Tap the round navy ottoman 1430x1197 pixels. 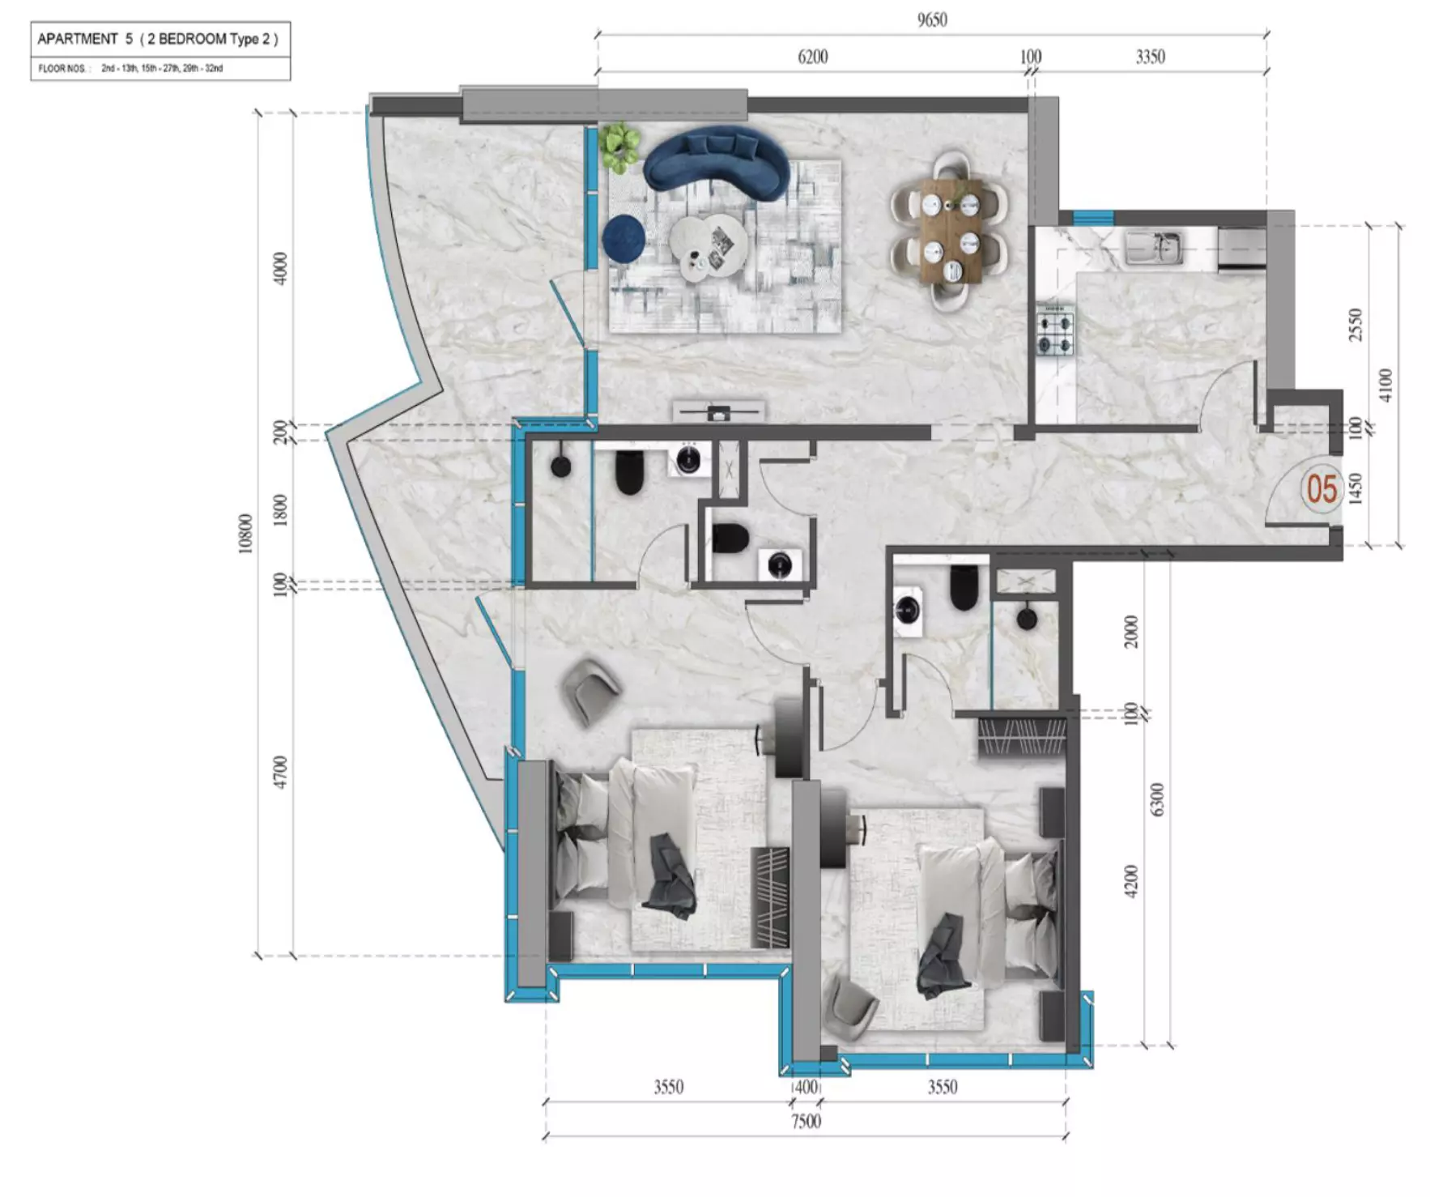(x=623, y=237)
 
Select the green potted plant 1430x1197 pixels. (x=620, y=147)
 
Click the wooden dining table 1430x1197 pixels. (x=951, y=231)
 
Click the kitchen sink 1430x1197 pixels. (x=1154, y=247)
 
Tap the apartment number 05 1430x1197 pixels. (x=1321, y=488)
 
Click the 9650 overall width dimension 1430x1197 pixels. (x=932, y=19)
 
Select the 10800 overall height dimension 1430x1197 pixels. (x=245, y=534)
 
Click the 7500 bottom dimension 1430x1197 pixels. (x=806, y=1121)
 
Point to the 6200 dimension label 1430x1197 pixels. (x=813, y=56)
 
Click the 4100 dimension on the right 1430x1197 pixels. (x=1385, y=385)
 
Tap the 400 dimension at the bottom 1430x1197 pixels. (x=807, y=1087)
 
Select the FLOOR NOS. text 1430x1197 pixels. (x=62, y=69)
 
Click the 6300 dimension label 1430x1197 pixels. (x=1156, y=799)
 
